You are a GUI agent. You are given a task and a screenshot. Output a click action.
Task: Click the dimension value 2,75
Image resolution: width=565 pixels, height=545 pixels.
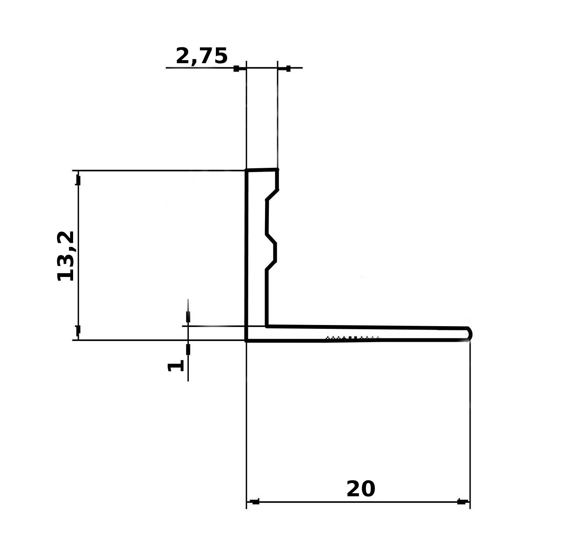click(201, 56)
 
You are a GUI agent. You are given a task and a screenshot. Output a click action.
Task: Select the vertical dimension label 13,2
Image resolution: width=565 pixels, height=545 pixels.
click(65, 256)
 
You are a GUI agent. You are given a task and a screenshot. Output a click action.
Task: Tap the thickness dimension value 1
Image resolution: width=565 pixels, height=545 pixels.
click(176, 366)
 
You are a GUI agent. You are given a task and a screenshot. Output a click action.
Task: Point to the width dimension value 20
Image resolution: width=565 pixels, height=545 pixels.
click(361, 489)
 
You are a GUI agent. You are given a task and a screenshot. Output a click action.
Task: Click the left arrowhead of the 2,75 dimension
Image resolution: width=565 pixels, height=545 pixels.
click(236, 69)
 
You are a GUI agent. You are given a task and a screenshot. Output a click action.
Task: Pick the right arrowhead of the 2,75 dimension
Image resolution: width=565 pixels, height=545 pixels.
click(288, 69)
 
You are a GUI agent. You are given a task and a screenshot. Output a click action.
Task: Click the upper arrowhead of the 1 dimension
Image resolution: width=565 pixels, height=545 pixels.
click(188, 317)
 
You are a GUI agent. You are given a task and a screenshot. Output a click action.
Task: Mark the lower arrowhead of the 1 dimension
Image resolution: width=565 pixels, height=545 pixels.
click(188, 349)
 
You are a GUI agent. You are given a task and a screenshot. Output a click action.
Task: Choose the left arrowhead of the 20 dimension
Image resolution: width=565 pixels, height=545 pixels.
click(255, 502)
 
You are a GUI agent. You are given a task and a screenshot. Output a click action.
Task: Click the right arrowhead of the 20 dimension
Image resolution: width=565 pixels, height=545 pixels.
click(461, 502)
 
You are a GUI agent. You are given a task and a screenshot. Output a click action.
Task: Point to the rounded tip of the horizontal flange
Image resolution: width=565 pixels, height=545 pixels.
click(470, 334)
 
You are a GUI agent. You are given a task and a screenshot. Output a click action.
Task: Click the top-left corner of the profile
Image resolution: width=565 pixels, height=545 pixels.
click(247, 171)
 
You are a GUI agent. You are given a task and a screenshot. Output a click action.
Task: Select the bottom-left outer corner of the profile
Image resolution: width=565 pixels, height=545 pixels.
click(247, 340)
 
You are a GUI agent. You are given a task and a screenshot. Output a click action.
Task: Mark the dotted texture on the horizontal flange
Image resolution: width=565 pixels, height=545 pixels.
click(352, 337)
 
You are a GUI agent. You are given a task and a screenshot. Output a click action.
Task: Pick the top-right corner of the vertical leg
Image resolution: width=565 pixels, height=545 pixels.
click(277, 170)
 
